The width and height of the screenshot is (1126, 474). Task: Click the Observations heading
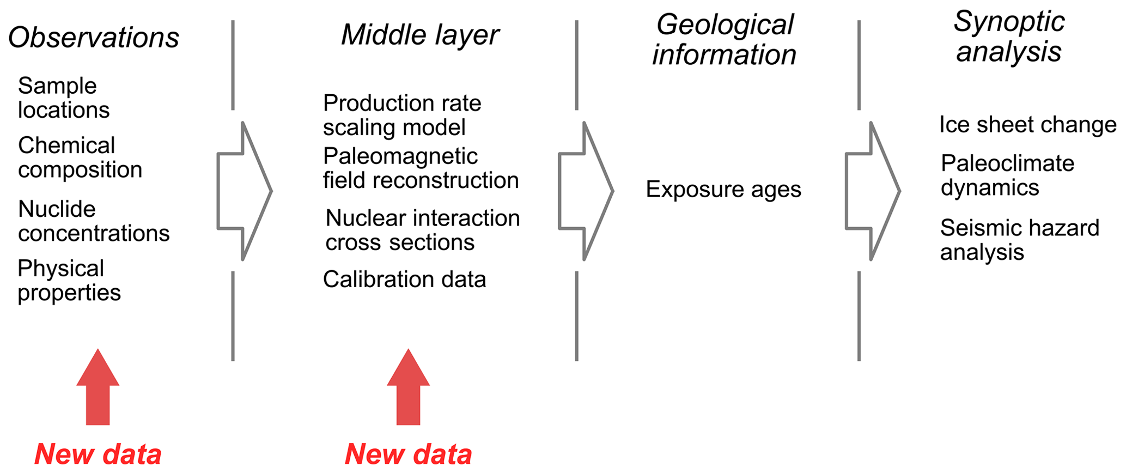pyautogui.click(x=93, y=38)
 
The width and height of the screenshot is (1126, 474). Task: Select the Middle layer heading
pyautogui.click(x=419, y=35)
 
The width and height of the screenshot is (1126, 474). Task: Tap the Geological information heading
pyautogui.click(x=724, y=40)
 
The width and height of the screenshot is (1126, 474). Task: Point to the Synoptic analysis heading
pyautogui.click(x=1009, y=37)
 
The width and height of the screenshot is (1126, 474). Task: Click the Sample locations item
pyautogui.click(x=63, y=98)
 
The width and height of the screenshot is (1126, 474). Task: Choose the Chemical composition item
pyautogui.click(x=80, y=157)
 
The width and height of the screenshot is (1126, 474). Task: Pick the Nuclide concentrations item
pyautogui.click(x=93, y=221)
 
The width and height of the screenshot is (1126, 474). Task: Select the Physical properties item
pyautogui.click(x=69, y=281)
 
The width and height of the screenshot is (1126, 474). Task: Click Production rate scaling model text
pyautogui.click(x=401, y=115)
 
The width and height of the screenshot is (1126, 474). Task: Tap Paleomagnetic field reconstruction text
pyautogui.click(x=420, y=168)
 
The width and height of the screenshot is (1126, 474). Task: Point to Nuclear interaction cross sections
pyautogui.click(x=422, y=230)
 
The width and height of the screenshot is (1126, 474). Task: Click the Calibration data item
pyautogui.click(x=404, y=279)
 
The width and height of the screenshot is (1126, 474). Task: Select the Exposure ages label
pyautogui.click(x=723, y=190)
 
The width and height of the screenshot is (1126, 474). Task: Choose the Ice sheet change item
pyautogui.click(x=1027, y=125)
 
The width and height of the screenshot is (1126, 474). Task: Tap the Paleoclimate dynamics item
pyautogui.click(x=1007, y=175)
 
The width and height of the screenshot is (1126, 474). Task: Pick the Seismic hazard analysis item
pyautogui.click(x=1019, y=240)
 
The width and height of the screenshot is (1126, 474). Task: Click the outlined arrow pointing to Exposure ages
pyautogui.click(x=586, y=191)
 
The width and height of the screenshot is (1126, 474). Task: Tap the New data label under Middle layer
pyautogui.click(x=409, y=454)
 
